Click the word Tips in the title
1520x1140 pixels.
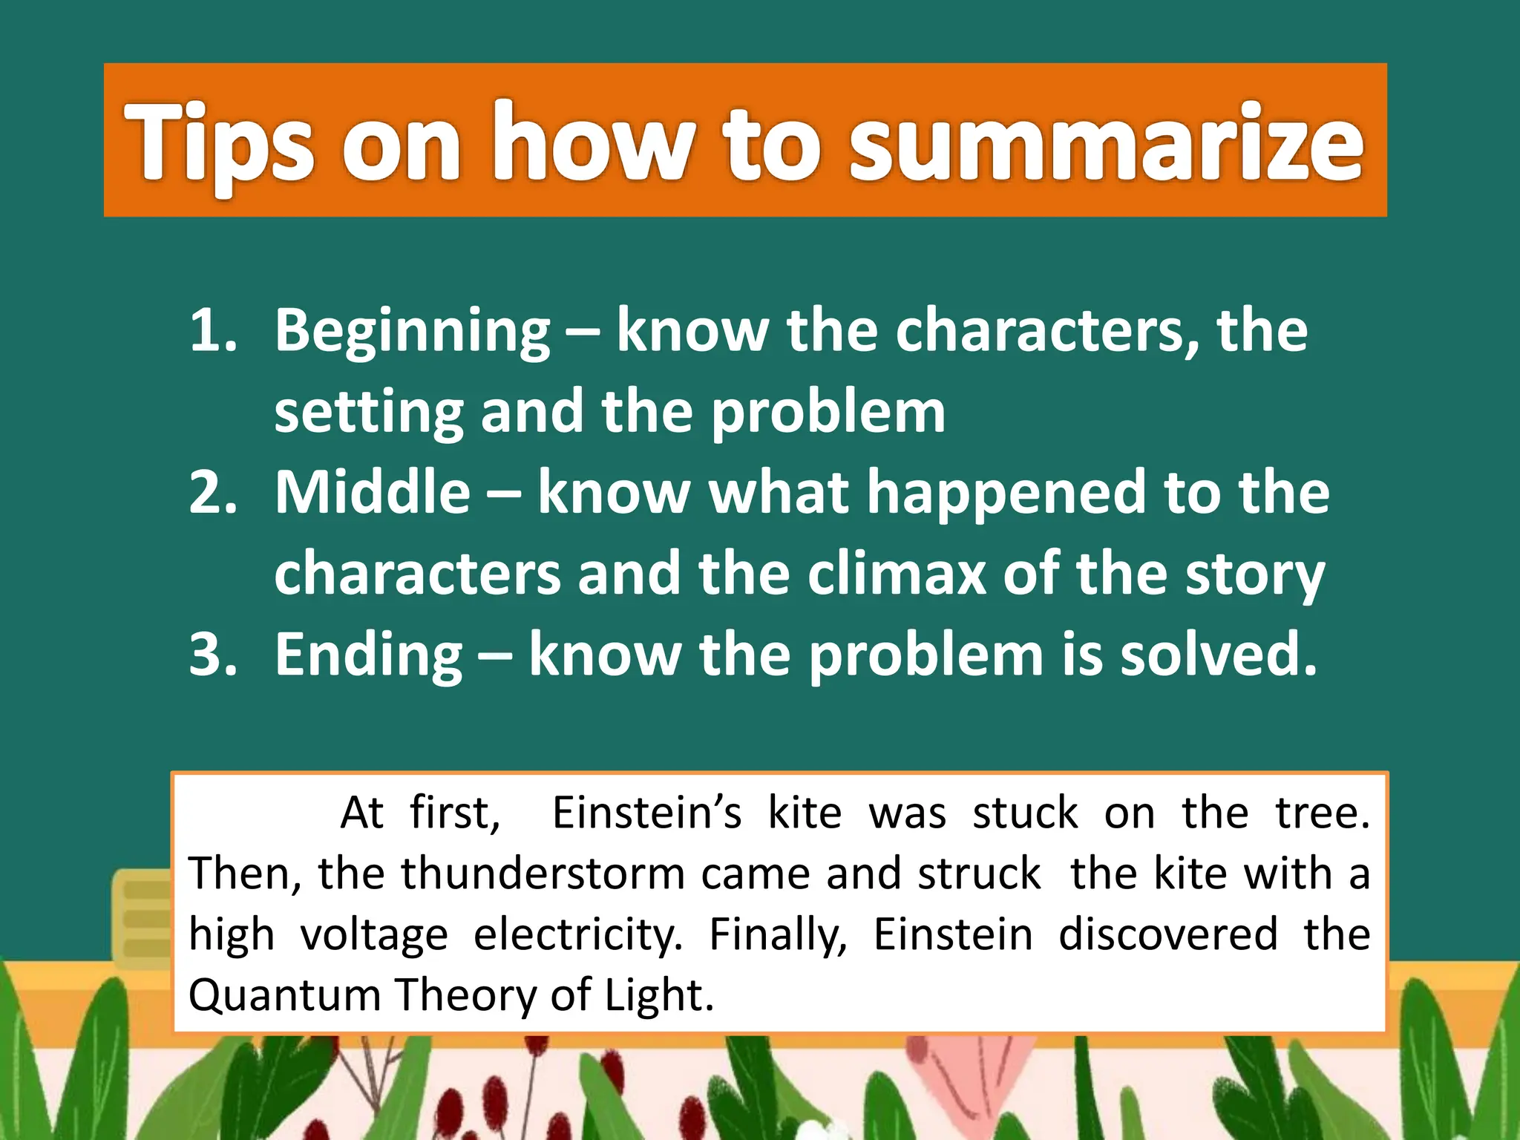click(x=220, y=142)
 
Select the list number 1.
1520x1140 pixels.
click(x=212, y=330)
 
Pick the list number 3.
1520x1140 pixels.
click(x=212, y=655)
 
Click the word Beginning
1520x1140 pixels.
click(x=413, y=332)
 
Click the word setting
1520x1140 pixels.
click(x=368, y=413)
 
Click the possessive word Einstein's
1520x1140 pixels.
click(x=646, y=813)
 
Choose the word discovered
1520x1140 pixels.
click(x=1168, y=934)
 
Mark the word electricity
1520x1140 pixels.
click(x=577, y=935)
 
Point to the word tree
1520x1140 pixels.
click(x=1323, y=813)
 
